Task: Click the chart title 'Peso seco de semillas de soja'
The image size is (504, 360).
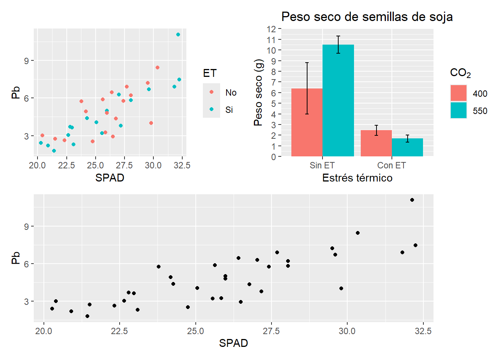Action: click(x=367, y=17)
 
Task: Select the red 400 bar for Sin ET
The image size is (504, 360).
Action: click(x=307, y=122)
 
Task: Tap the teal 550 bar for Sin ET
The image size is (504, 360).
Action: click(x=338, y=100)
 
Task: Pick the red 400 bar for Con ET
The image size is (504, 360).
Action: click(x=376, y=143)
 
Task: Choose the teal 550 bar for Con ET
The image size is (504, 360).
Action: click(x=407, y=147)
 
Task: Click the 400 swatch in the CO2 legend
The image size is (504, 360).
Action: click(x=459, y=93)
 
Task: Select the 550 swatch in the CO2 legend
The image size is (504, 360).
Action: click(x=459, y=111)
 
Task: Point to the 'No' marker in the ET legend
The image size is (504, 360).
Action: click(x=211, y=92)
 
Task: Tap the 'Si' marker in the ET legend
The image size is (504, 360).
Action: click(x=211, y=109)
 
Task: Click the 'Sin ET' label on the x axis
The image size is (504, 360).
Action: click(x=322, y=165)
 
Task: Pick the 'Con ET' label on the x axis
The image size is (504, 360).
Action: click(x=391, y=165)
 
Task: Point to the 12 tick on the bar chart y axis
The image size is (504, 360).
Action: click(x=271, y=29)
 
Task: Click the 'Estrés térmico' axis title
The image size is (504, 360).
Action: click(x=357, y=178)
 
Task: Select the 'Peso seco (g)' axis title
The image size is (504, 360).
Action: click(x=258, y=93)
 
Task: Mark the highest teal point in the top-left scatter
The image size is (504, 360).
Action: click(x=178, y=34)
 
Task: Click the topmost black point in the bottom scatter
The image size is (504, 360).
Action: click(x=412, y=200)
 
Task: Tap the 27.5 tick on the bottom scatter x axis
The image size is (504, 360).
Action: click(x=271, y=331)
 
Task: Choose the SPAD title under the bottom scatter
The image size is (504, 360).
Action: click(x=233, y=343)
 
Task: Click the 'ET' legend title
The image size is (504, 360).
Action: click(x=210, y=73)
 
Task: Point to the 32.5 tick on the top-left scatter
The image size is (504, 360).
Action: click(x=182, y=165)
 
